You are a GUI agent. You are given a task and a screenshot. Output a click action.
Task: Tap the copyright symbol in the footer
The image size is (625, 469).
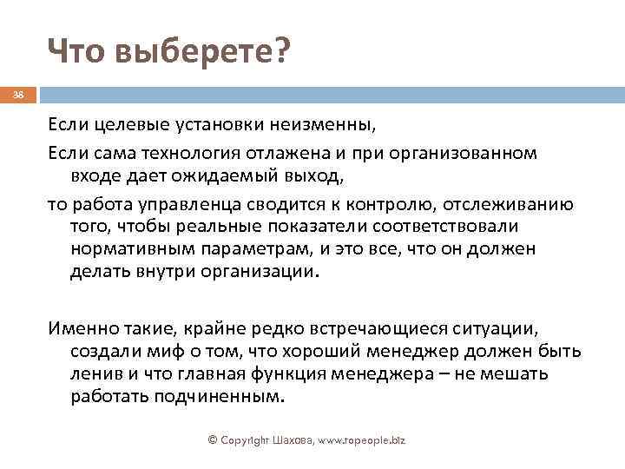214,440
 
